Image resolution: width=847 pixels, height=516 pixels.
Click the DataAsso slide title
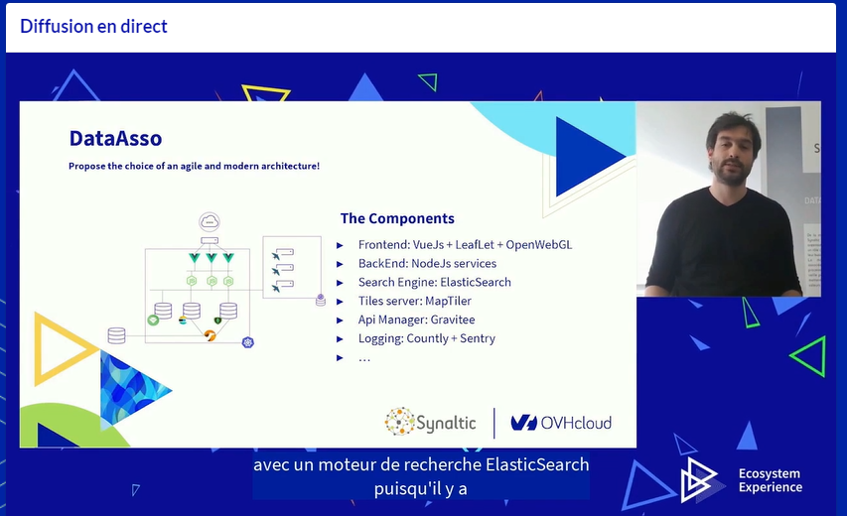click(115, 138)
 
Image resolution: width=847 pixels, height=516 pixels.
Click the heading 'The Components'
click(397, 218)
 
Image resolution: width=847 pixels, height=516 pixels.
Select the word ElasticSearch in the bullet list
click(477, 282)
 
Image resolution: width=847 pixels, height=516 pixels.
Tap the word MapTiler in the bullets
click(448, 301)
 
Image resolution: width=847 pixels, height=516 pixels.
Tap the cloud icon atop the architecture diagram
click(210, 221)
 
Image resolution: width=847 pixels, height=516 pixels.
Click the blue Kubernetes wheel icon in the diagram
click(248, 342)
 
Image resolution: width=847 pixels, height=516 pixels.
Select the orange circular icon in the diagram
click(210, 335)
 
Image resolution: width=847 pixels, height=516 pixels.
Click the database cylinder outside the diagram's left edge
click(116, 335)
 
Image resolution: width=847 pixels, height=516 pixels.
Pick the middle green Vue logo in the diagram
click(211, 258)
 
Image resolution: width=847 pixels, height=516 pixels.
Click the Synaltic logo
click(431, 422)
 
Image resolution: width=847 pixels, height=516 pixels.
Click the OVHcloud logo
click(561, 423)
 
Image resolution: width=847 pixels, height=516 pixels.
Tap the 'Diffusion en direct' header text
click(93, 27)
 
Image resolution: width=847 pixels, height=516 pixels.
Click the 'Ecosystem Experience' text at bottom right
click(770, 480)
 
